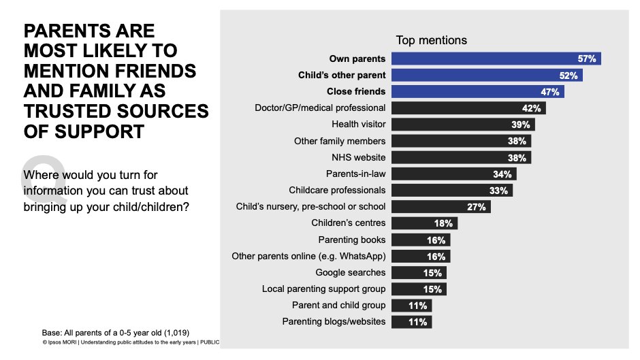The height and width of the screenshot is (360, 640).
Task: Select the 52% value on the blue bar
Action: pos(569,75)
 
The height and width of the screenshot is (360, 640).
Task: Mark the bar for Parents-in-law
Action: pos(453,174)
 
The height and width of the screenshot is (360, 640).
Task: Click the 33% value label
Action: pos(498,191)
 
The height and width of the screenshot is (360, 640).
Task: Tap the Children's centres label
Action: pos(348,223)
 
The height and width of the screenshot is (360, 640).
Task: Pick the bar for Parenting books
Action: pos(421,240)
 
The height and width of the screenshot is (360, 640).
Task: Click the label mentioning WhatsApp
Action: pos(309,256)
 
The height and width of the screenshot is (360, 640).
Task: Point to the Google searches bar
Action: pos(419,273)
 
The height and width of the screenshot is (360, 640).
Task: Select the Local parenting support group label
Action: pos(323,289)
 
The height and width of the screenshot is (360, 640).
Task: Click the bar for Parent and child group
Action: pos(412,306)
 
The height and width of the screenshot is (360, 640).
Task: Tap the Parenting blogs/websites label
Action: pos(334,321)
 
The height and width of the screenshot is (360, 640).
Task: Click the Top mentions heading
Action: pos(431,40)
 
